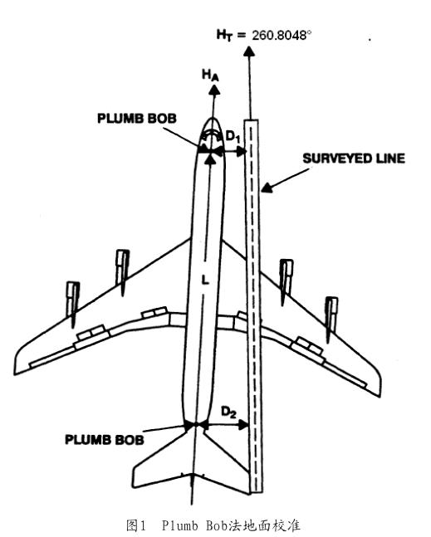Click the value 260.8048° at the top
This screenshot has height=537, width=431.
(x=282, y=36)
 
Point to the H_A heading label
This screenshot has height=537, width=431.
(x=210, y=75)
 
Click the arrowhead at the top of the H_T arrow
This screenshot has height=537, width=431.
(x=249, y=51)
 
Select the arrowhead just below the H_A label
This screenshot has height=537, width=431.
(x=214, y=90)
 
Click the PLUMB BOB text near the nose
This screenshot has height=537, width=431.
(x=137, y=119)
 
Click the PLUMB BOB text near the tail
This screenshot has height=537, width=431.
(x=105, y=440)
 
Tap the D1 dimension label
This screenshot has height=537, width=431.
(x=233, y=137)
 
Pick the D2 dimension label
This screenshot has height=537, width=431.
(x=228, y=412)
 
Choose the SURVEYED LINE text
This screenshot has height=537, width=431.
(x=354, y=159)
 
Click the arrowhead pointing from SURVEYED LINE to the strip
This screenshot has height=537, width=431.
(x=267, y=188)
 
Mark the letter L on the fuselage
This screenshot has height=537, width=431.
(x=205, y=281)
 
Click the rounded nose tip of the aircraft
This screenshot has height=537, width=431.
(x=213, y=119)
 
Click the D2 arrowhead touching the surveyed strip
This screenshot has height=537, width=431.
(x=243, y=425)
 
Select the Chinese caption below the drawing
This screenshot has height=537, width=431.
(x=213, y=525)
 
